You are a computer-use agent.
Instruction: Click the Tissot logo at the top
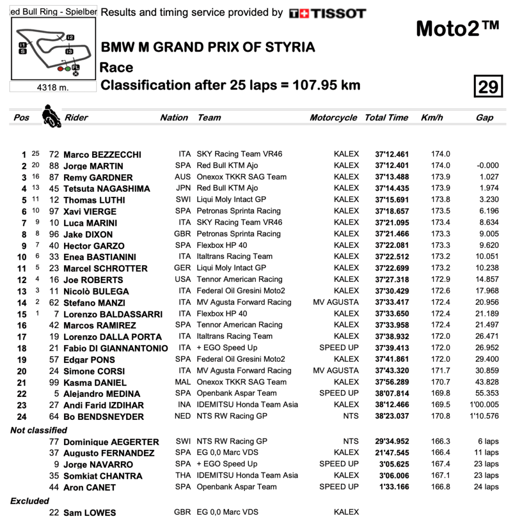click(327, 13)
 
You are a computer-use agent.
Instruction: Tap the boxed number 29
click(488, 86)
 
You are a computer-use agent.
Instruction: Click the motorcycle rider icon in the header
click(51, 116)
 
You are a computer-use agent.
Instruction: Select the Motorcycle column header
click(333, 118)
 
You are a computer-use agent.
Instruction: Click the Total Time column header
click(386, 118)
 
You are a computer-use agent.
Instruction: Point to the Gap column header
click(484, 118)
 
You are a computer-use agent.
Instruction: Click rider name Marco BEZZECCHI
click(102, 155)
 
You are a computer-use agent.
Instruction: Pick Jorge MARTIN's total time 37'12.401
click(392, 165)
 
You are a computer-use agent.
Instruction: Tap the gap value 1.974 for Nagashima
click(489, 188)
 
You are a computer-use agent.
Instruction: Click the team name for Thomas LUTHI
click(231, 199)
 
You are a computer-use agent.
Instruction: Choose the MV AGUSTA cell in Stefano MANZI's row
click(336, 302)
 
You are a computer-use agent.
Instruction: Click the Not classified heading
click(39, 430)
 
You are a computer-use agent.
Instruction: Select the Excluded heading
click(30, 501)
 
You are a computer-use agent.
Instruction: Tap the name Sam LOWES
click(90, 512)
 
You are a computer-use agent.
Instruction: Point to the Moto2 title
click(457, 28)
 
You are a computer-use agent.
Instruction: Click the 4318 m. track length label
click(53, 87)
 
